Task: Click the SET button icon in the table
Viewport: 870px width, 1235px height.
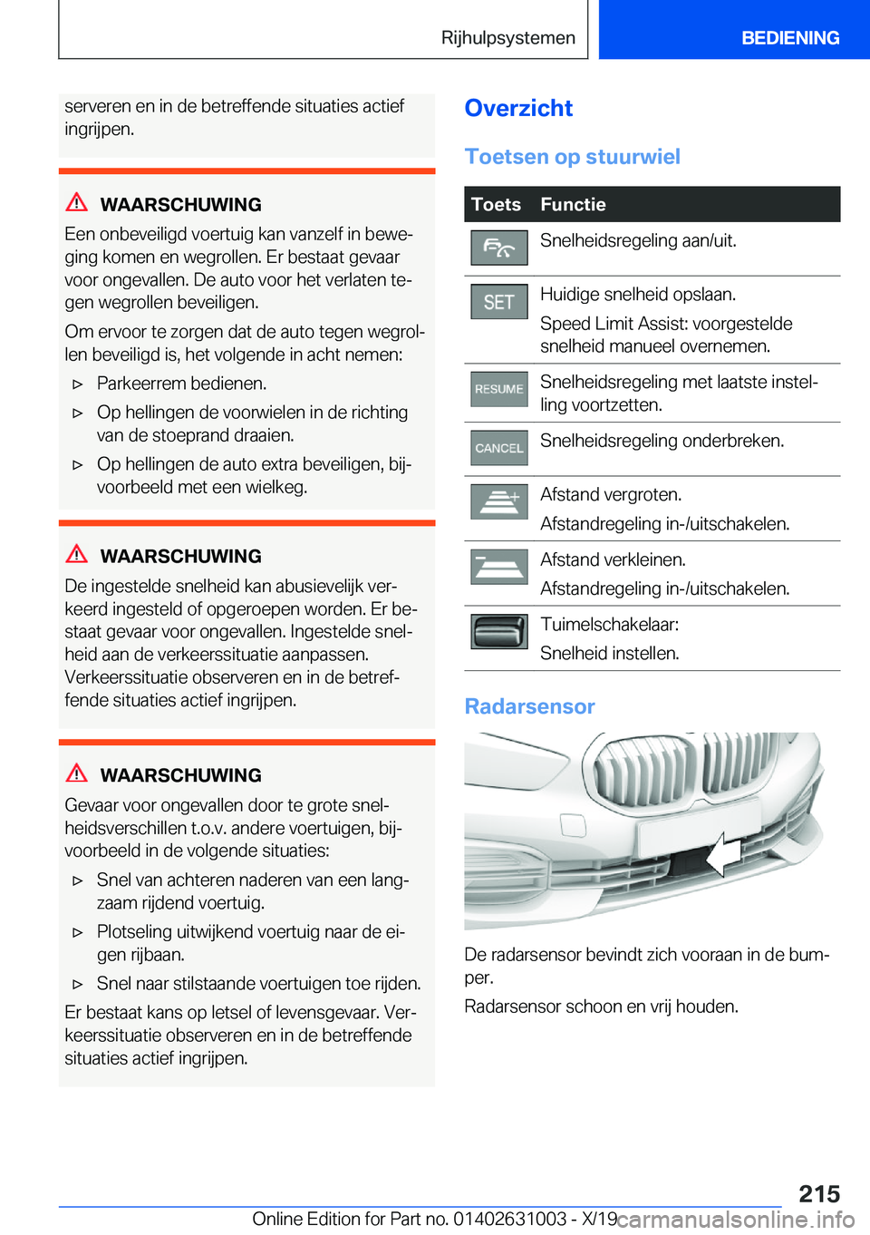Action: click(498, 302)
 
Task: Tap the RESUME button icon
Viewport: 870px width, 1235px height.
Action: click(498, 389)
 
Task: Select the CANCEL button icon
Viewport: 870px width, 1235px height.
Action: click(498, 448)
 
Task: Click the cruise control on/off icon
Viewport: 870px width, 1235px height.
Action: click(498, 248)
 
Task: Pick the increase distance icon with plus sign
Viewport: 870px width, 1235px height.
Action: click(498, 501)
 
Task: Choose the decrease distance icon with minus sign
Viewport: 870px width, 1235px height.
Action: click(498, 567)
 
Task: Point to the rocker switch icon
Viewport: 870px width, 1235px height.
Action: click(498, 632)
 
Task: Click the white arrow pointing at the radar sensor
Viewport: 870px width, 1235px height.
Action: click(723, 854)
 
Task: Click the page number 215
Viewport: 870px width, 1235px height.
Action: click(819, 1193)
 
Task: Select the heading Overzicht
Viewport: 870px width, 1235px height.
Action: click(518, 108)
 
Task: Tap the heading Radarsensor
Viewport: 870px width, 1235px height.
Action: click(529, 706)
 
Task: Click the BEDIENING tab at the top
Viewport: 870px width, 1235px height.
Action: click(790, 38)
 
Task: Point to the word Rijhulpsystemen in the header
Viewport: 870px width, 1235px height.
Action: click(508, 38)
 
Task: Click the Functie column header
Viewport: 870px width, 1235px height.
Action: click(573, 205)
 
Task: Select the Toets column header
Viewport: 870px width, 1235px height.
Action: click(496, 205)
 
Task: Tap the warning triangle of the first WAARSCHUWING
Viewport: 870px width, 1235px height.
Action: click(77, 202)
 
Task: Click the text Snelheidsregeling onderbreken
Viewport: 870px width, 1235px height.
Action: click(662, 441)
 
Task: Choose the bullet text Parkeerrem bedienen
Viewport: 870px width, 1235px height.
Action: click(181, 384)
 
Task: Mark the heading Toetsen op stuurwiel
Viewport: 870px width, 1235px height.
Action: click(572, 157)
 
